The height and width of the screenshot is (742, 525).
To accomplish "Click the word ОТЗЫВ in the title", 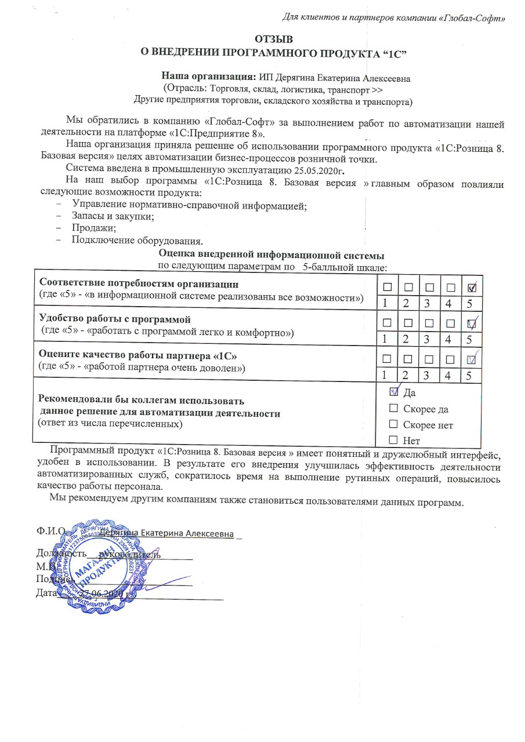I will (x=274, y=39).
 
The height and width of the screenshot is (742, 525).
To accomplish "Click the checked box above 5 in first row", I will (x=472, y=287).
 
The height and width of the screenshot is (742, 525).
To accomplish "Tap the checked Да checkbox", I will (x=394, y=392).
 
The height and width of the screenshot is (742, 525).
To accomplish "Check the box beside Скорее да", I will (x=394, y=409).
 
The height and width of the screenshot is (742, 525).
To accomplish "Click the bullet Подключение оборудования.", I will (x=137, y=240).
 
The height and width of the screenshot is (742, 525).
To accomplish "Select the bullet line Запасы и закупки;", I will (x=113, y=216).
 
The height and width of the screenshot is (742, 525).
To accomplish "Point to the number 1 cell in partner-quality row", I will (x=387, y=376).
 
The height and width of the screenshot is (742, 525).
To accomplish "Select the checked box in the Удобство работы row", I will (x=472, y=323).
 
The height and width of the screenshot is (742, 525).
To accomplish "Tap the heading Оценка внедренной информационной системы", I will (x=271, y=255).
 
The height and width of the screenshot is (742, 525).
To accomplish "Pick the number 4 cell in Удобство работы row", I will (x=451, y=339).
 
